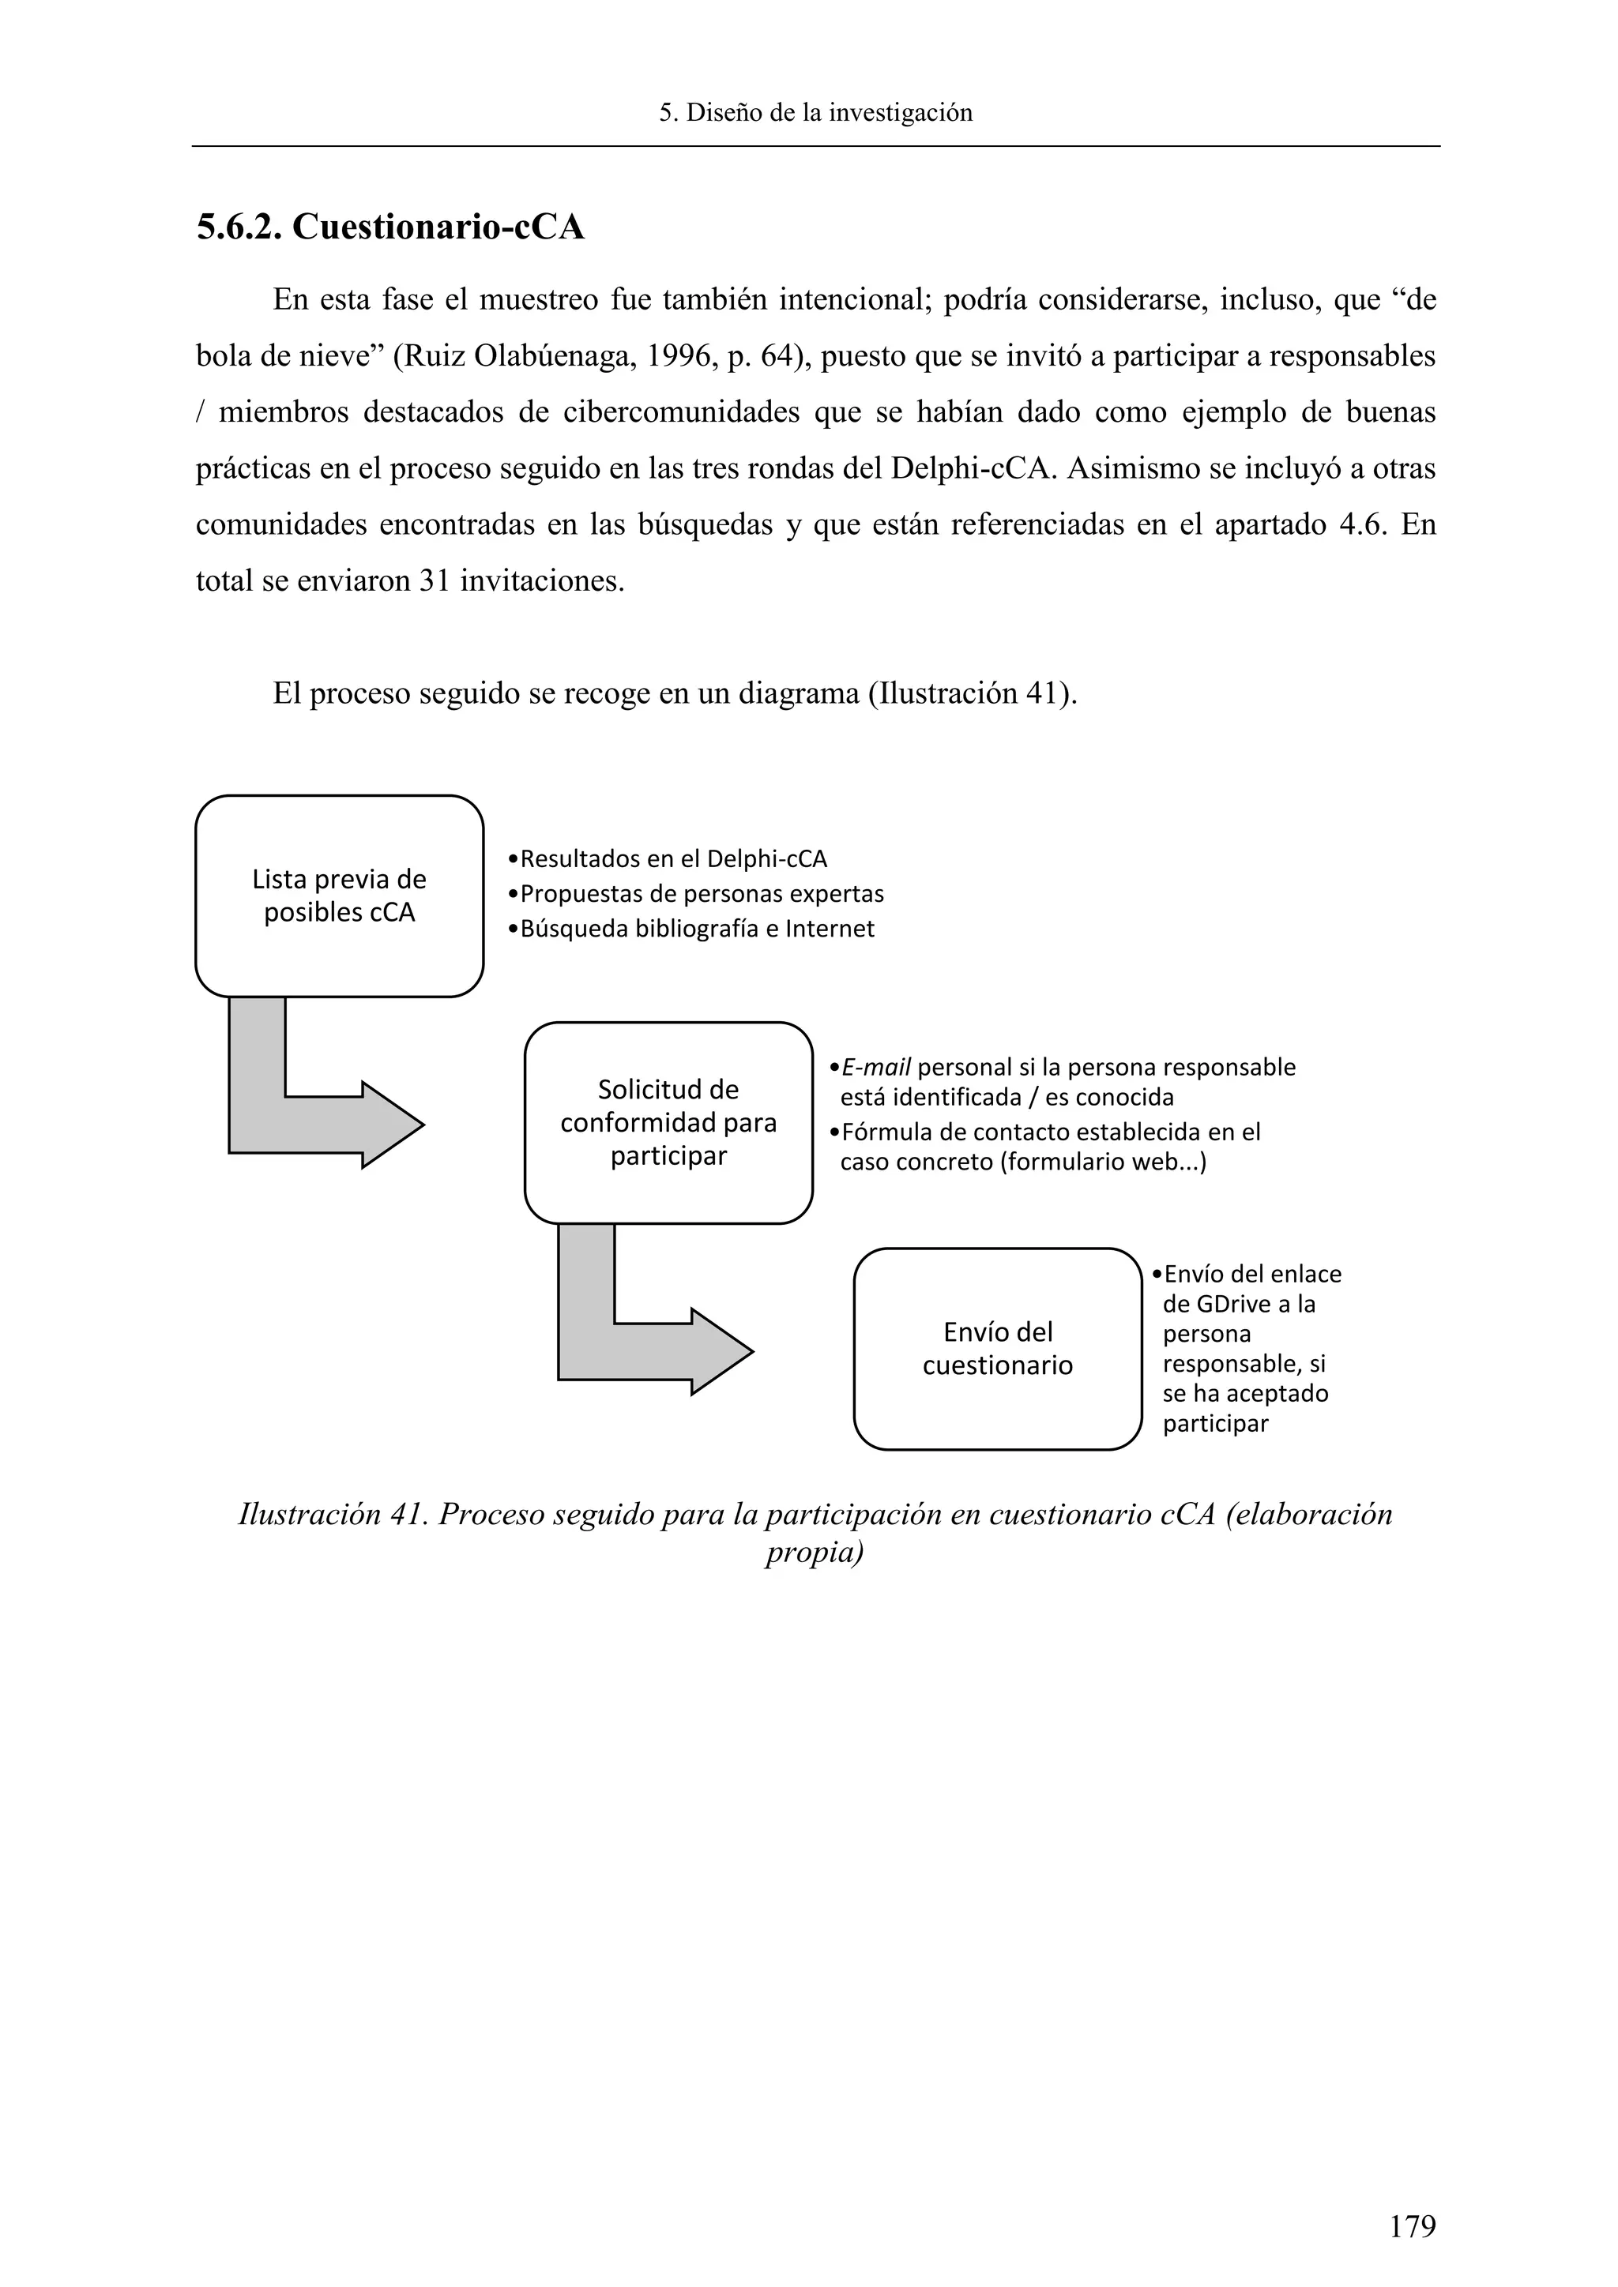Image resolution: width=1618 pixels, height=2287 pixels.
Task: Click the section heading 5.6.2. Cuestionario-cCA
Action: point(389,227)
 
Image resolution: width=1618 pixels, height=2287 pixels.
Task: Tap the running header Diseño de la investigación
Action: point(815,113)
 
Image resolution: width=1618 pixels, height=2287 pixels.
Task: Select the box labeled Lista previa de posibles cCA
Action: point(339,896)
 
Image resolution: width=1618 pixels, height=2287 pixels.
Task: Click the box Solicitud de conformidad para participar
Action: point(668,1123)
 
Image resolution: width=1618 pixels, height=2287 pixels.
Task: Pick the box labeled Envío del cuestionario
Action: point(996,1349)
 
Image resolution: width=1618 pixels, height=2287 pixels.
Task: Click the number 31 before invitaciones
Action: point(435,580)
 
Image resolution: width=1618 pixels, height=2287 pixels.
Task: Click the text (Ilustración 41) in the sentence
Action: point(973,693)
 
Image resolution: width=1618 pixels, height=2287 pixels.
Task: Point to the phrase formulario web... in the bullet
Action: point(1103,1162)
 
